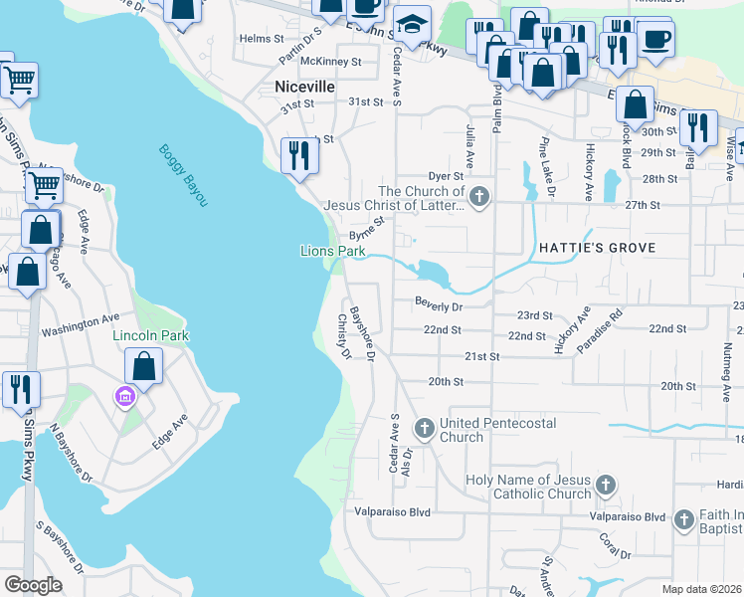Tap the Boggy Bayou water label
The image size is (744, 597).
pyautogui.click(x=183, y=176)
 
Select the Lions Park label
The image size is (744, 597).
pyautogui.click(x=333, y=252)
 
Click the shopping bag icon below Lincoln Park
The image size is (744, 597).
pyautogui.click(x=144, y=365)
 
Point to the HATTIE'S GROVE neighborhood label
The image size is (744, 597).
pyautogui.click(x=594, y=247)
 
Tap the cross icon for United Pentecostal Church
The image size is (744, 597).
pyautogui.click(x=424, y=429)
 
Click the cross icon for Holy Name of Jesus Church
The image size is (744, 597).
pyautogui.click(x=607, y=487)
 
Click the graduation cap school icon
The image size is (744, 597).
pyautogui.click(x=410, y=22)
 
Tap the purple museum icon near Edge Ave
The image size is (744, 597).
pyautogui.click(x=124, y=398)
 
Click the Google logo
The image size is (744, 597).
pyautogui.click(x=33, y=585)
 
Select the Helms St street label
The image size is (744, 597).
pyautogui.click(x=263, y=39)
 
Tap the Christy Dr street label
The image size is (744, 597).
pyautogui.click(x=343, y=337)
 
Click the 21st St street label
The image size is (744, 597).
pyautogui.click(x=479, y=355)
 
